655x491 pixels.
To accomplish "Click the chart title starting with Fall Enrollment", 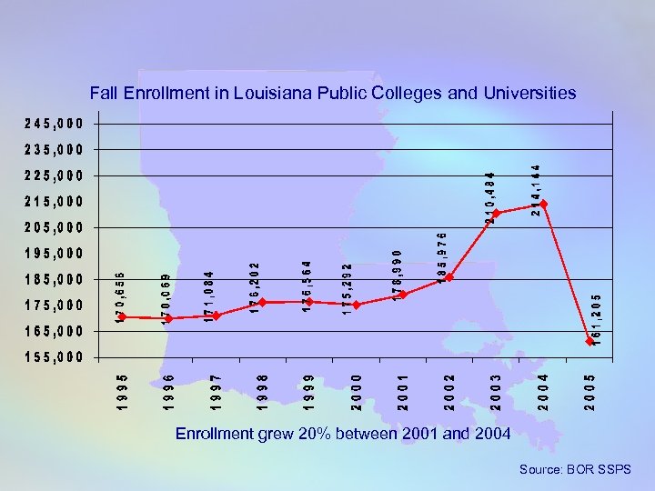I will tap(332, 93).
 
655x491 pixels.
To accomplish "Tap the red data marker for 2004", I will tap(543, 204).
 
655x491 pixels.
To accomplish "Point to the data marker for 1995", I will tap(122, 317).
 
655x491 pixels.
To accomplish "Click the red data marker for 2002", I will tap(449, 277).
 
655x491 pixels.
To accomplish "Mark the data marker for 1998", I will tap(262, 302).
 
